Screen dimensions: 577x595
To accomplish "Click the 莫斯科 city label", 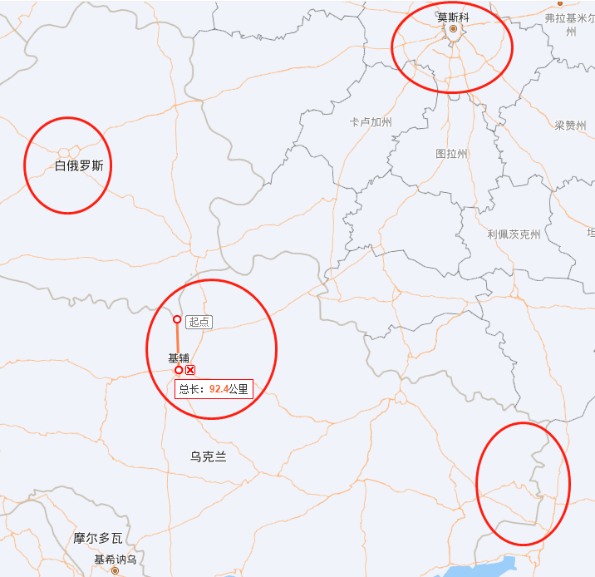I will (x=453, y=16).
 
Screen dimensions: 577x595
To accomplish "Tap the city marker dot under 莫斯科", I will (x=453, y=29).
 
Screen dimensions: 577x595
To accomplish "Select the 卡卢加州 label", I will (x=371, y=122).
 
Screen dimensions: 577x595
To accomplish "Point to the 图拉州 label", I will (x=452, y=154).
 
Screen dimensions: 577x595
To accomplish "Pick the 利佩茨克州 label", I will (x=514, y=234).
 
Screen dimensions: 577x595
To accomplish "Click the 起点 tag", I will (x=199, y=322).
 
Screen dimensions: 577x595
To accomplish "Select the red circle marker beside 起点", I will (x=176, y=319).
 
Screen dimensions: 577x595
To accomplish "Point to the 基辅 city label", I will (x=179, y=358).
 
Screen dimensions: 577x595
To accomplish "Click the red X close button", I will (x=190, y=370).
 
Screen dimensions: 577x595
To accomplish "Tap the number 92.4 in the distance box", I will (x=219, y=388).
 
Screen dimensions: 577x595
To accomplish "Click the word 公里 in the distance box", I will (x=238, y=388).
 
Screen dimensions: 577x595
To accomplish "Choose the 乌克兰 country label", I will (x=208, y=456).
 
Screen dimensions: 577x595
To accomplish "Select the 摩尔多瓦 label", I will (x=98, y=538).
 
